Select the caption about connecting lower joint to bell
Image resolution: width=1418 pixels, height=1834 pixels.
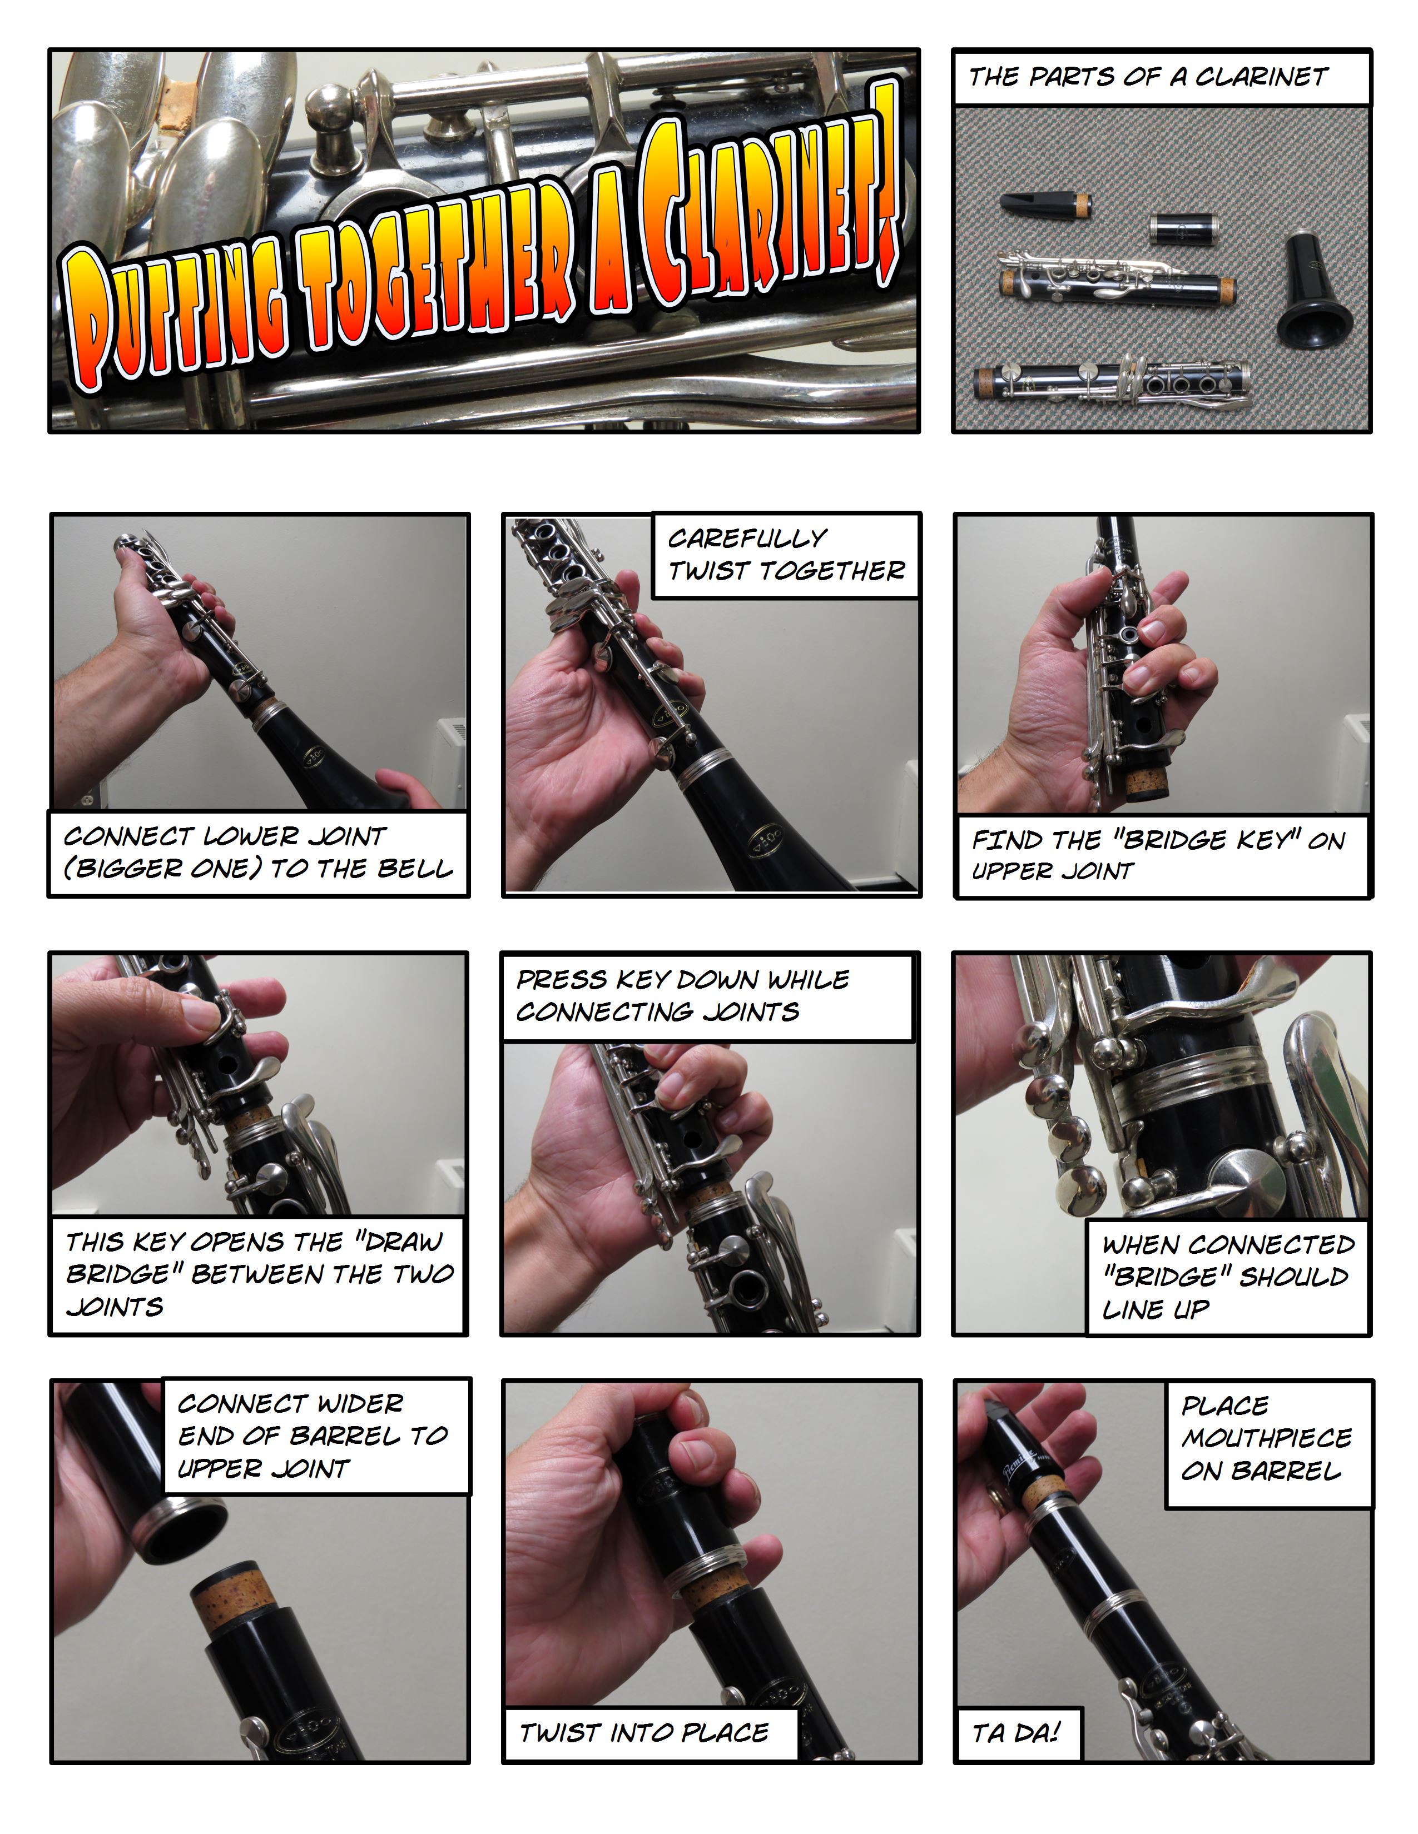258,853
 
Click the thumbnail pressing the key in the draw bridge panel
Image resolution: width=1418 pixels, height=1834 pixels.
202,1015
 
